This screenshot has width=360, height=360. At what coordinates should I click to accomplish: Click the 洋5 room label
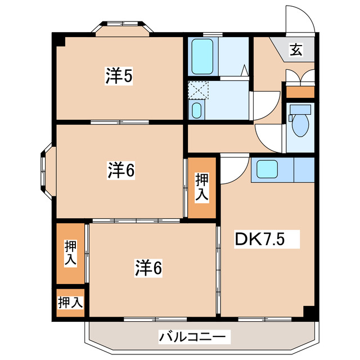[x=119, y=76]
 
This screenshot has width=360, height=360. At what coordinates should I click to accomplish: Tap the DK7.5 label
[x=259, y=240]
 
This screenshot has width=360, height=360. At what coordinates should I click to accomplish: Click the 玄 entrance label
[x=296, y=51]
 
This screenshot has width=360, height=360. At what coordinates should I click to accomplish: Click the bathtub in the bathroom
[x=202, y=56]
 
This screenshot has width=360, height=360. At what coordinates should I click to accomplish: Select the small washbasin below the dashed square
[x=196, y=110]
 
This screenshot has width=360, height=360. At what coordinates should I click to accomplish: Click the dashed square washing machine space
[x=198, y=90]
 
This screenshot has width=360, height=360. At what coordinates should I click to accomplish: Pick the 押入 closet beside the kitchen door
[x=202, y=188]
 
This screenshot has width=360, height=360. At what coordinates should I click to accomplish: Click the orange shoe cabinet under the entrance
[x=300, y=92]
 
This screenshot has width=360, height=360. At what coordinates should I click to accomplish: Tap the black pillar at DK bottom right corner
[x=309, y=312]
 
